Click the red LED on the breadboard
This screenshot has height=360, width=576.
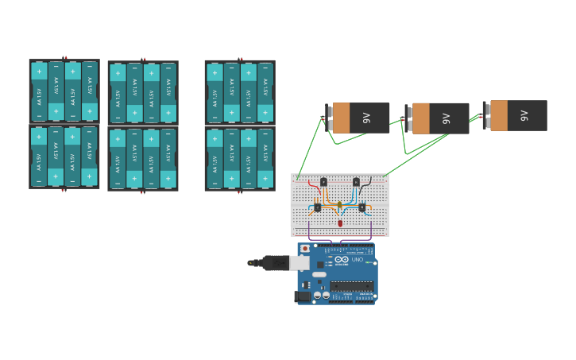(340, 223)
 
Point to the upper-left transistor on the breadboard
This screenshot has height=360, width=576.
(324, 182)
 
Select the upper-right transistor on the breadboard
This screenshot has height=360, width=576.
(356, 182)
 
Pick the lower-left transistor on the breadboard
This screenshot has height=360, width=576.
(317, 207)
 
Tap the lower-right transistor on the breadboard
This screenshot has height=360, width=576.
(362, 207)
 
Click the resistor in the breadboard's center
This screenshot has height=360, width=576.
(339, 206)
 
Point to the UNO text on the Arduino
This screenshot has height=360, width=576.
(358, 260)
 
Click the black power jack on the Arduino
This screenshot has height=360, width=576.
(302, 296)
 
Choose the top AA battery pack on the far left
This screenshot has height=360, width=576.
(64, 91)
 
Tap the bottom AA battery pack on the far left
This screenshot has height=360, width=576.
(64, 157)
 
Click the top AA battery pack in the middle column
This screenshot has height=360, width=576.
(143, 92)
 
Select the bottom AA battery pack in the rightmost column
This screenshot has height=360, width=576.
(240, 158)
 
